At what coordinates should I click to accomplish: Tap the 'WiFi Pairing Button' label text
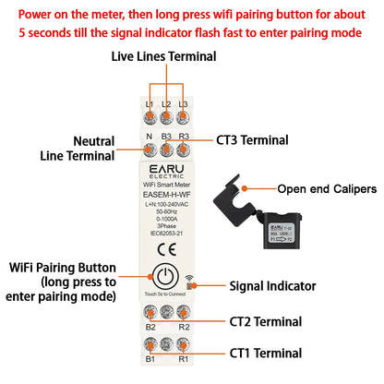pos(64,268)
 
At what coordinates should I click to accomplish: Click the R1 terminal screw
pos(183,344)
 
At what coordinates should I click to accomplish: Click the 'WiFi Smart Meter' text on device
pos(166,187)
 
